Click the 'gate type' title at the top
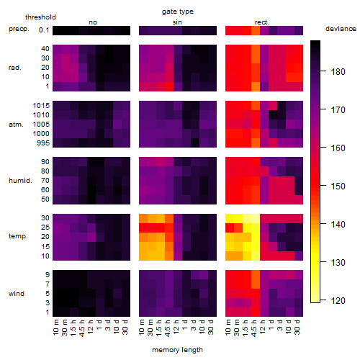[x=178, y=12]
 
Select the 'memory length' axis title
[x=177, y=350]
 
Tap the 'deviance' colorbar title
[x=341, y=29]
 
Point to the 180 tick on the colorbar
[x=323, y=71]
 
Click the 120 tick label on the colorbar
[x=338, y=300]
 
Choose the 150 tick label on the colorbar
[x=338, y=186]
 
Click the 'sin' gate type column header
[x=177, y=22]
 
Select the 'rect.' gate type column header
[x=262, y=22]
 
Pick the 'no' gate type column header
[x=93, y=22]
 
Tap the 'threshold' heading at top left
[x=40, y=17]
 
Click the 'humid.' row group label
[x=20, y=180]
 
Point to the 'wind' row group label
[x=17, y=294]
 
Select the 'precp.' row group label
[x=19, y=29]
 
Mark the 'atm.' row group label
[x=16, y=125]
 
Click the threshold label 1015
[x=41, y=105]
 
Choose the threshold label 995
[x=43, y=143]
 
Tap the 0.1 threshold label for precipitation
[x=44, y=30]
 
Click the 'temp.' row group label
[x=18, y=236]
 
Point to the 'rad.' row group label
[x=15, y=68]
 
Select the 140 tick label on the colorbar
[x=338, y=224]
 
